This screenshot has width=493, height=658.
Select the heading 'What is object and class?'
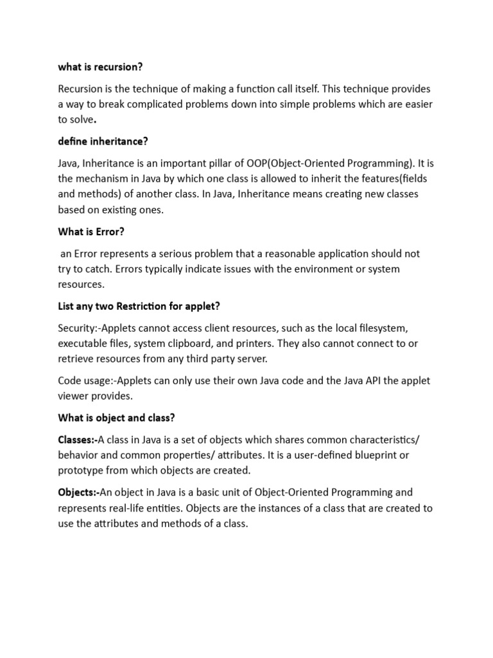point(116,418)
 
